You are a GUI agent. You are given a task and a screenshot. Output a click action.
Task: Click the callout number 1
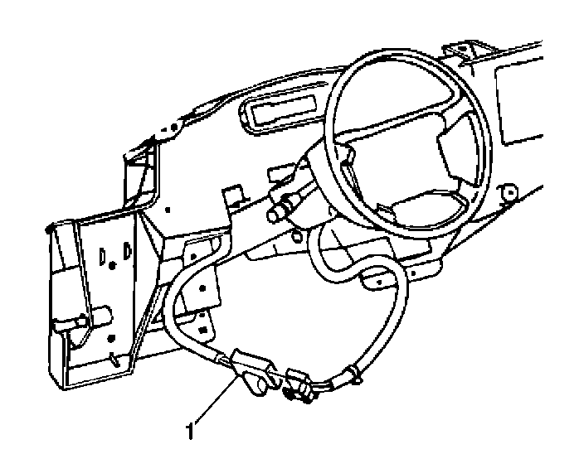(192, 431)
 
